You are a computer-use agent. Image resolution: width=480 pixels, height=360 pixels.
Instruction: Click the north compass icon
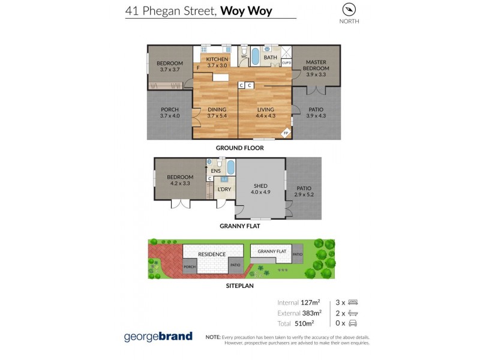pyautogui.click(x=349, y=10)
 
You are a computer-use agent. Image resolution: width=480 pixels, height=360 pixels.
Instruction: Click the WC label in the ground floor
pyautogui.click(x=244, y=57)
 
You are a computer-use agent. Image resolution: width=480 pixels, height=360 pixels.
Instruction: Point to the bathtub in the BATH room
pyautogui.click(x=254, y=56)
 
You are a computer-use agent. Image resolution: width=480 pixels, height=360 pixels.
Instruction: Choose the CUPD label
pyautogui.click(x=286, y=62)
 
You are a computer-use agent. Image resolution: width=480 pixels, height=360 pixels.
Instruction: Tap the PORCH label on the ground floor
pyautogui.click(x=170, y=113)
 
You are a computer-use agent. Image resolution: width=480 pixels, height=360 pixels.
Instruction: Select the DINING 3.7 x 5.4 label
pyautogui.click(x=217, y=113)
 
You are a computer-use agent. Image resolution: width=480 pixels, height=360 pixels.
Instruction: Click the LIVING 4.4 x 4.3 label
pyautogui.click(x=266, y=113)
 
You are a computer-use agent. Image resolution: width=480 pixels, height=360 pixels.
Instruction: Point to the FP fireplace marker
pyautogui.click(x=286, y=133)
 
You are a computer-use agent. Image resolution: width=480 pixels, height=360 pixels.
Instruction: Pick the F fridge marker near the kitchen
pyautogui.click(x=198, y=67)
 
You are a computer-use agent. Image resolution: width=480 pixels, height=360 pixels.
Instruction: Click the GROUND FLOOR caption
pyautogui.click(x=240, y=148)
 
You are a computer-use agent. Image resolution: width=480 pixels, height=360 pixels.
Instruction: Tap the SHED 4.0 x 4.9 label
pyautogui.click(x=260, y=189)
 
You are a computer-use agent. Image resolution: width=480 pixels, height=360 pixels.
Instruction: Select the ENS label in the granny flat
pyautogui.click(x=215, y=171)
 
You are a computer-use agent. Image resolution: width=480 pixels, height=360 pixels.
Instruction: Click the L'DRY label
pyautogui.click(x=224, y=190)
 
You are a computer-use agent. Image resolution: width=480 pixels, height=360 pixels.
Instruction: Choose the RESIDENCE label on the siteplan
pyautogui.click(x=212, y=254)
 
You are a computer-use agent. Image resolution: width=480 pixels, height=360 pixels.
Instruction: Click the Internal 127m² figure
pyautogui.click(x=299, y=302)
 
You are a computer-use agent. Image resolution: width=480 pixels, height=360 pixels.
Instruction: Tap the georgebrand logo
pyautogui.click(x=158, y=336)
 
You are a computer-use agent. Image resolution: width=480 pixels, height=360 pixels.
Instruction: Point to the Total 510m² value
pyautogui.click(x=299, y=323)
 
